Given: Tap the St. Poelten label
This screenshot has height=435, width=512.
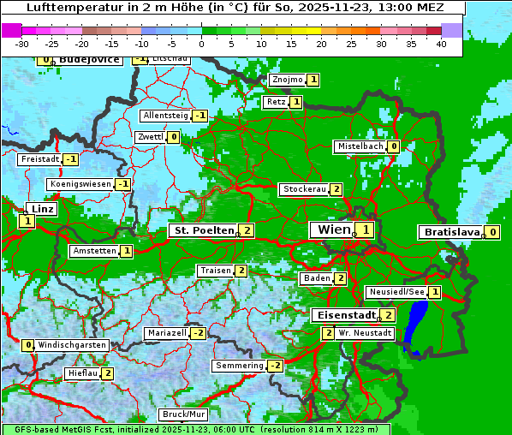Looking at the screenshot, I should point(202,230).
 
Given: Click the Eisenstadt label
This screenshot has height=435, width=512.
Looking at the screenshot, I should point(343,315).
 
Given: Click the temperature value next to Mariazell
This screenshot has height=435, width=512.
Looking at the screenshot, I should point(199,332).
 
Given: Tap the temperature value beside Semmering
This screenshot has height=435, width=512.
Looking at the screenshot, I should point(275,366).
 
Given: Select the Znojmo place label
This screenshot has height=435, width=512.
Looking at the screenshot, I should point(287,80).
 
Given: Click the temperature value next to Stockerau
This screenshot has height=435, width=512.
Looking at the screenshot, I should point(336,189).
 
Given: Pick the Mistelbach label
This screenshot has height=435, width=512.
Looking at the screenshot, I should point(360,146).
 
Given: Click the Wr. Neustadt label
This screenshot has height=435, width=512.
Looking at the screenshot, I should point(365,332).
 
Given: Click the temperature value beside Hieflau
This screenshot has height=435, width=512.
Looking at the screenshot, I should point(108,373).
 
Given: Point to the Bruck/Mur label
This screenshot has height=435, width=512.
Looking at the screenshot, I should point(183,414).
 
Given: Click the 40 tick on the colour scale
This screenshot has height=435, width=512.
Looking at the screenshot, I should point(441,43).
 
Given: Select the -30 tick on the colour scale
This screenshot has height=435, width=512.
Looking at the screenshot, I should point(22,43).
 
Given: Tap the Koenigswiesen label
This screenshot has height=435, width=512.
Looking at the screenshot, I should point(80,184).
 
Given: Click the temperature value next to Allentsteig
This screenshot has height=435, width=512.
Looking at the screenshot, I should point(199,116).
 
